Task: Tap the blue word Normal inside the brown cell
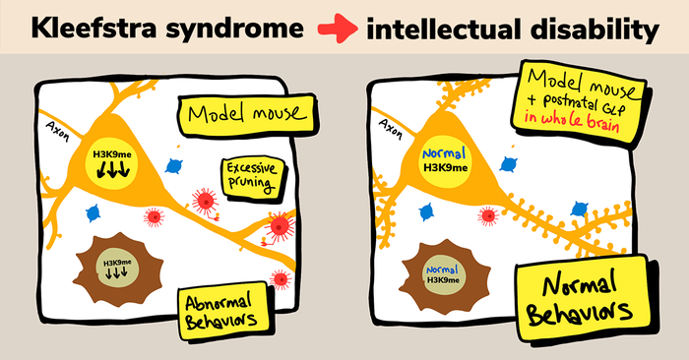coord(444,267)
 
